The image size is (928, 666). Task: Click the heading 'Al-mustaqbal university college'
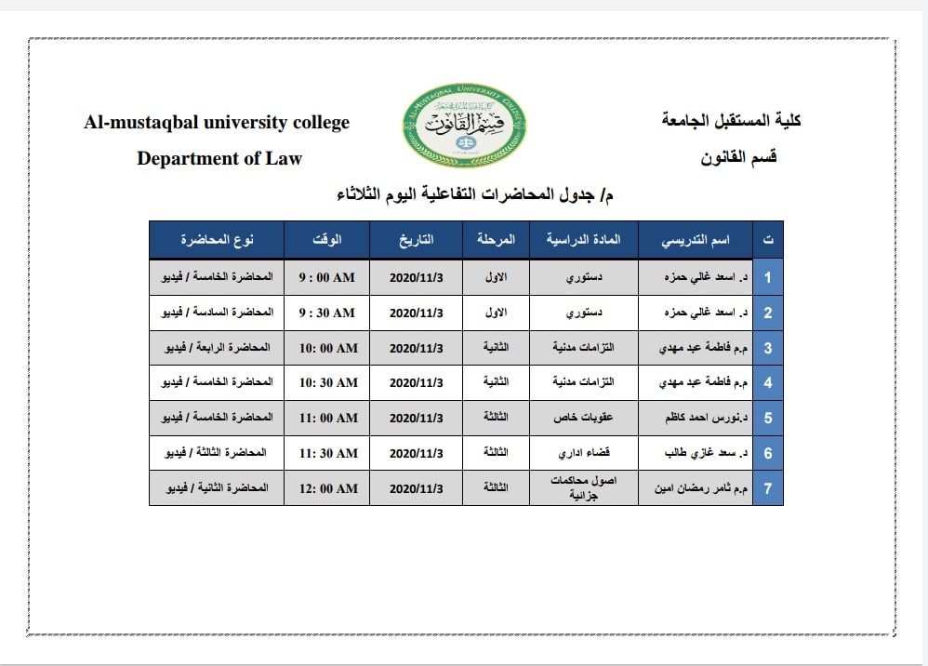pyautogui.click(x=217, y=122)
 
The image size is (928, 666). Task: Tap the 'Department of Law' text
pyautogui.click(x=219, y=158)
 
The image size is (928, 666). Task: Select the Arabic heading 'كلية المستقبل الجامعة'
pyautogui.click(x=731, y=121)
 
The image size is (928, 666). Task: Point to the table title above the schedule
pyautogui.click(x=474, y=194)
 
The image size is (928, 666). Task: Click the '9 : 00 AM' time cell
pyautogui.click(x=326, y=277)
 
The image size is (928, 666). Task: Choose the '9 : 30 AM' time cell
pyautogui.click(x=326, y=313)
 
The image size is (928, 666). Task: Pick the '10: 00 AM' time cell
pyautogui.click(x=326, y=348)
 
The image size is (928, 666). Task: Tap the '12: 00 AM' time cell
pyautogui.click(x=326, y=488)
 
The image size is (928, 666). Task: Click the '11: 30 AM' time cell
pyautogui.click(x=326, y=453)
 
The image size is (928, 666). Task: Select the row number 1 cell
pyautogui.click(x=768, y=277)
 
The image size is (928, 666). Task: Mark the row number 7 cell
pyautogui.click(x=768, y=488)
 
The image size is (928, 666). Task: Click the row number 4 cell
pyautogui.click(x=768, y=382)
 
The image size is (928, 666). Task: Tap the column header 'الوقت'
pyautogui.click(x=326, y=240)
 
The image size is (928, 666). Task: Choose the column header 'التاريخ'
pyautogui.click(x=416, y=240)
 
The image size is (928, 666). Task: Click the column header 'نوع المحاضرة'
pyautogui.click(x=217, y=240)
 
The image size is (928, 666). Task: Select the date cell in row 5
pyautogui.click(x=416, y=418)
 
